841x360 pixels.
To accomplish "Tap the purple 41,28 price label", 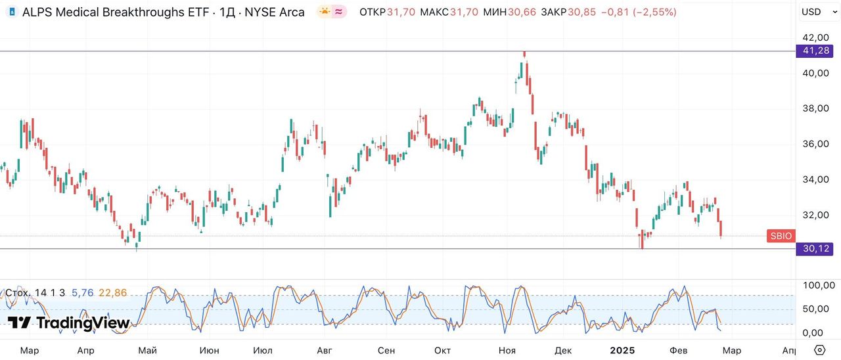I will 815,51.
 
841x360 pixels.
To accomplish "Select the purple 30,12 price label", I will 815,248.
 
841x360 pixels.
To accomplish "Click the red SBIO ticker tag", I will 781,236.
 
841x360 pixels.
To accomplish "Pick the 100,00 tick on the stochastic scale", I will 819,285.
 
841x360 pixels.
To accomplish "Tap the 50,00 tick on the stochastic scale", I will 817,309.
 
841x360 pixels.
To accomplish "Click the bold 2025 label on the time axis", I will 622,350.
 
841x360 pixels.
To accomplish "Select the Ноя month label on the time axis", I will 507,350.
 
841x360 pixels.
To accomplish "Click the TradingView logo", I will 68,323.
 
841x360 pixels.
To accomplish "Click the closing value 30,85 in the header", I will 581,12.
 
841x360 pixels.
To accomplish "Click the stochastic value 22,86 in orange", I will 113,293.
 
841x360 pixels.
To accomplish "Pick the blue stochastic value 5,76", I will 82,293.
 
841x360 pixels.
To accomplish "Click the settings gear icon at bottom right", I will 819,349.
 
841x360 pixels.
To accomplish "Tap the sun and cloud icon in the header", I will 325,12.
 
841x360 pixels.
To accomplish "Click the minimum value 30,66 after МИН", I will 523,12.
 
